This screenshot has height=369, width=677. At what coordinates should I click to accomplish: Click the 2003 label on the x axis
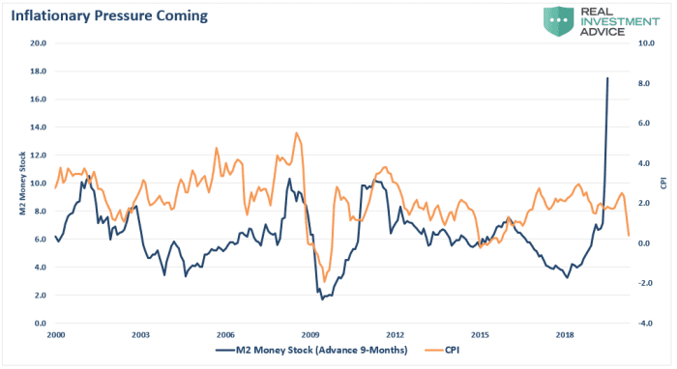pos(140,333)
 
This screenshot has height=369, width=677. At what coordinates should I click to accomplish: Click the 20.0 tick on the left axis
pos(39,43)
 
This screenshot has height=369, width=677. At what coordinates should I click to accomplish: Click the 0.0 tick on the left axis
pos(41,324)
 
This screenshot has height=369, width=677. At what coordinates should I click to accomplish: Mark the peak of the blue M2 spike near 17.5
pos(607,78)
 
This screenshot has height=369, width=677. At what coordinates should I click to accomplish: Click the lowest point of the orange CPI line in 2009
pos(325,281)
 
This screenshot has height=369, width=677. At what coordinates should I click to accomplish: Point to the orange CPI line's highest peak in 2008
pos(297,133)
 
